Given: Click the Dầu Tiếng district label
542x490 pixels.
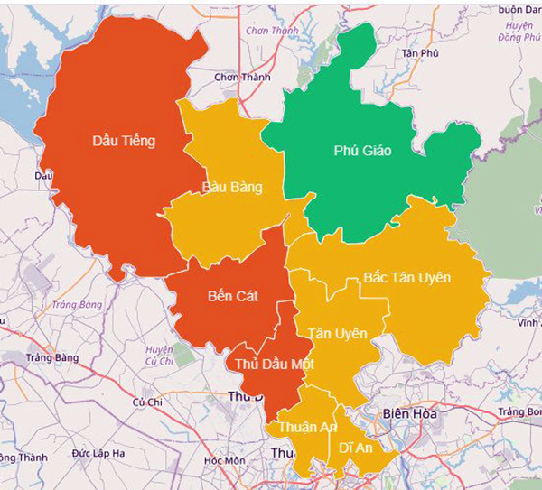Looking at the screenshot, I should click(x=125, y=141).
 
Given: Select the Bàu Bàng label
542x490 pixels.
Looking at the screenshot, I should click(x=232, y=188).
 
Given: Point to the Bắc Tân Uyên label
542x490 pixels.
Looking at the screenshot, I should click(x=406, y=277).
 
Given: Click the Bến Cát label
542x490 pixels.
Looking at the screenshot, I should click(x=232, y=295).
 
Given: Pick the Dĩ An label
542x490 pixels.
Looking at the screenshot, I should click(x=356, y=447).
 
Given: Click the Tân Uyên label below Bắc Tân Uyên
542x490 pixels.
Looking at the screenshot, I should click(x=338, y=334).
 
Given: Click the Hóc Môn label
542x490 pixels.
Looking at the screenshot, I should click(x=224, y=460).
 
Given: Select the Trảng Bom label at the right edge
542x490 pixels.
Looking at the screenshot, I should click(x=522, y=412).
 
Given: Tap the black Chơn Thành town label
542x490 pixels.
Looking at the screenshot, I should click(x=242, y=78).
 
